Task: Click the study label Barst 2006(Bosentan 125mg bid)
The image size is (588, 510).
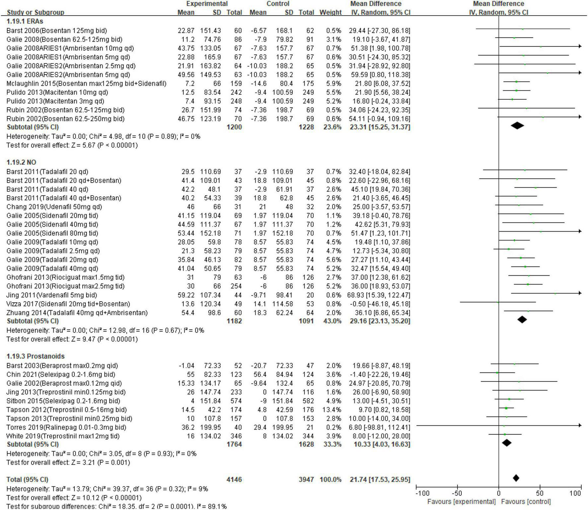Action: [56, 31]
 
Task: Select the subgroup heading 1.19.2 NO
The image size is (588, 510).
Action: [21, 162]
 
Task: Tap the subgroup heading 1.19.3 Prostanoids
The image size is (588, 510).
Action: [36, 356]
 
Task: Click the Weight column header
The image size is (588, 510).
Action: [330, 12]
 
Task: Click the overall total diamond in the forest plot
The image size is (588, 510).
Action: [516, 478]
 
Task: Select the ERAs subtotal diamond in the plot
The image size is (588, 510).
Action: [517, 126]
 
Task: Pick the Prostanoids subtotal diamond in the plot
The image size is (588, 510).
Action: [507, 443]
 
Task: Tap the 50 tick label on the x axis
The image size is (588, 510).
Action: [540, 493]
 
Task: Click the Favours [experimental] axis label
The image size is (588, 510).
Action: [461, 502]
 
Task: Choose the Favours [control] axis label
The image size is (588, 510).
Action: [526, 502]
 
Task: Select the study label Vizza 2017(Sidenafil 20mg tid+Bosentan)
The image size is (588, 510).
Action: [68, 304]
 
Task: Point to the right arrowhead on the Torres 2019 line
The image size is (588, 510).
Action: [580, 425]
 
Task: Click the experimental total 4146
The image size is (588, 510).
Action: [234, 479]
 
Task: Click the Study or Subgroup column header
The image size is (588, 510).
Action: [36, 12]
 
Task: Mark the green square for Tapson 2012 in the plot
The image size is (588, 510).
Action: [506, 408]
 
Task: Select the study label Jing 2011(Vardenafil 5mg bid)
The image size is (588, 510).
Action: [52, 295]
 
